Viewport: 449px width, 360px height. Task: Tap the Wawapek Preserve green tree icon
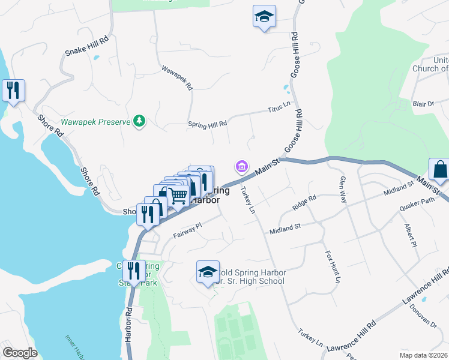click(x=139, y=122)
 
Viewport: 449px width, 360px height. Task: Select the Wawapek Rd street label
click(x=177, y=77)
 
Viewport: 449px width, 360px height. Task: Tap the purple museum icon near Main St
click(x=241, y=166)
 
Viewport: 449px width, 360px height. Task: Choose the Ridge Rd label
click(x=304, y=202)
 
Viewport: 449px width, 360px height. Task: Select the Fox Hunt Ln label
click(x=333, y=267)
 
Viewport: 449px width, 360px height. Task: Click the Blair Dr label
click(x=423, y=104)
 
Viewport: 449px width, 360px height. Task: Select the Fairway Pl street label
click(x=187, y=230)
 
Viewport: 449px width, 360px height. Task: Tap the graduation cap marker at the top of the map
click(x=264, y=18)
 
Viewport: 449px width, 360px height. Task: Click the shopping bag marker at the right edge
click(x=440, y=170)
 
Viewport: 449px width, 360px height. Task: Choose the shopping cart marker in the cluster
click(x=178, y=196)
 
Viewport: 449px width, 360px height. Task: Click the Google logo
click(x=19, y=353)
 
